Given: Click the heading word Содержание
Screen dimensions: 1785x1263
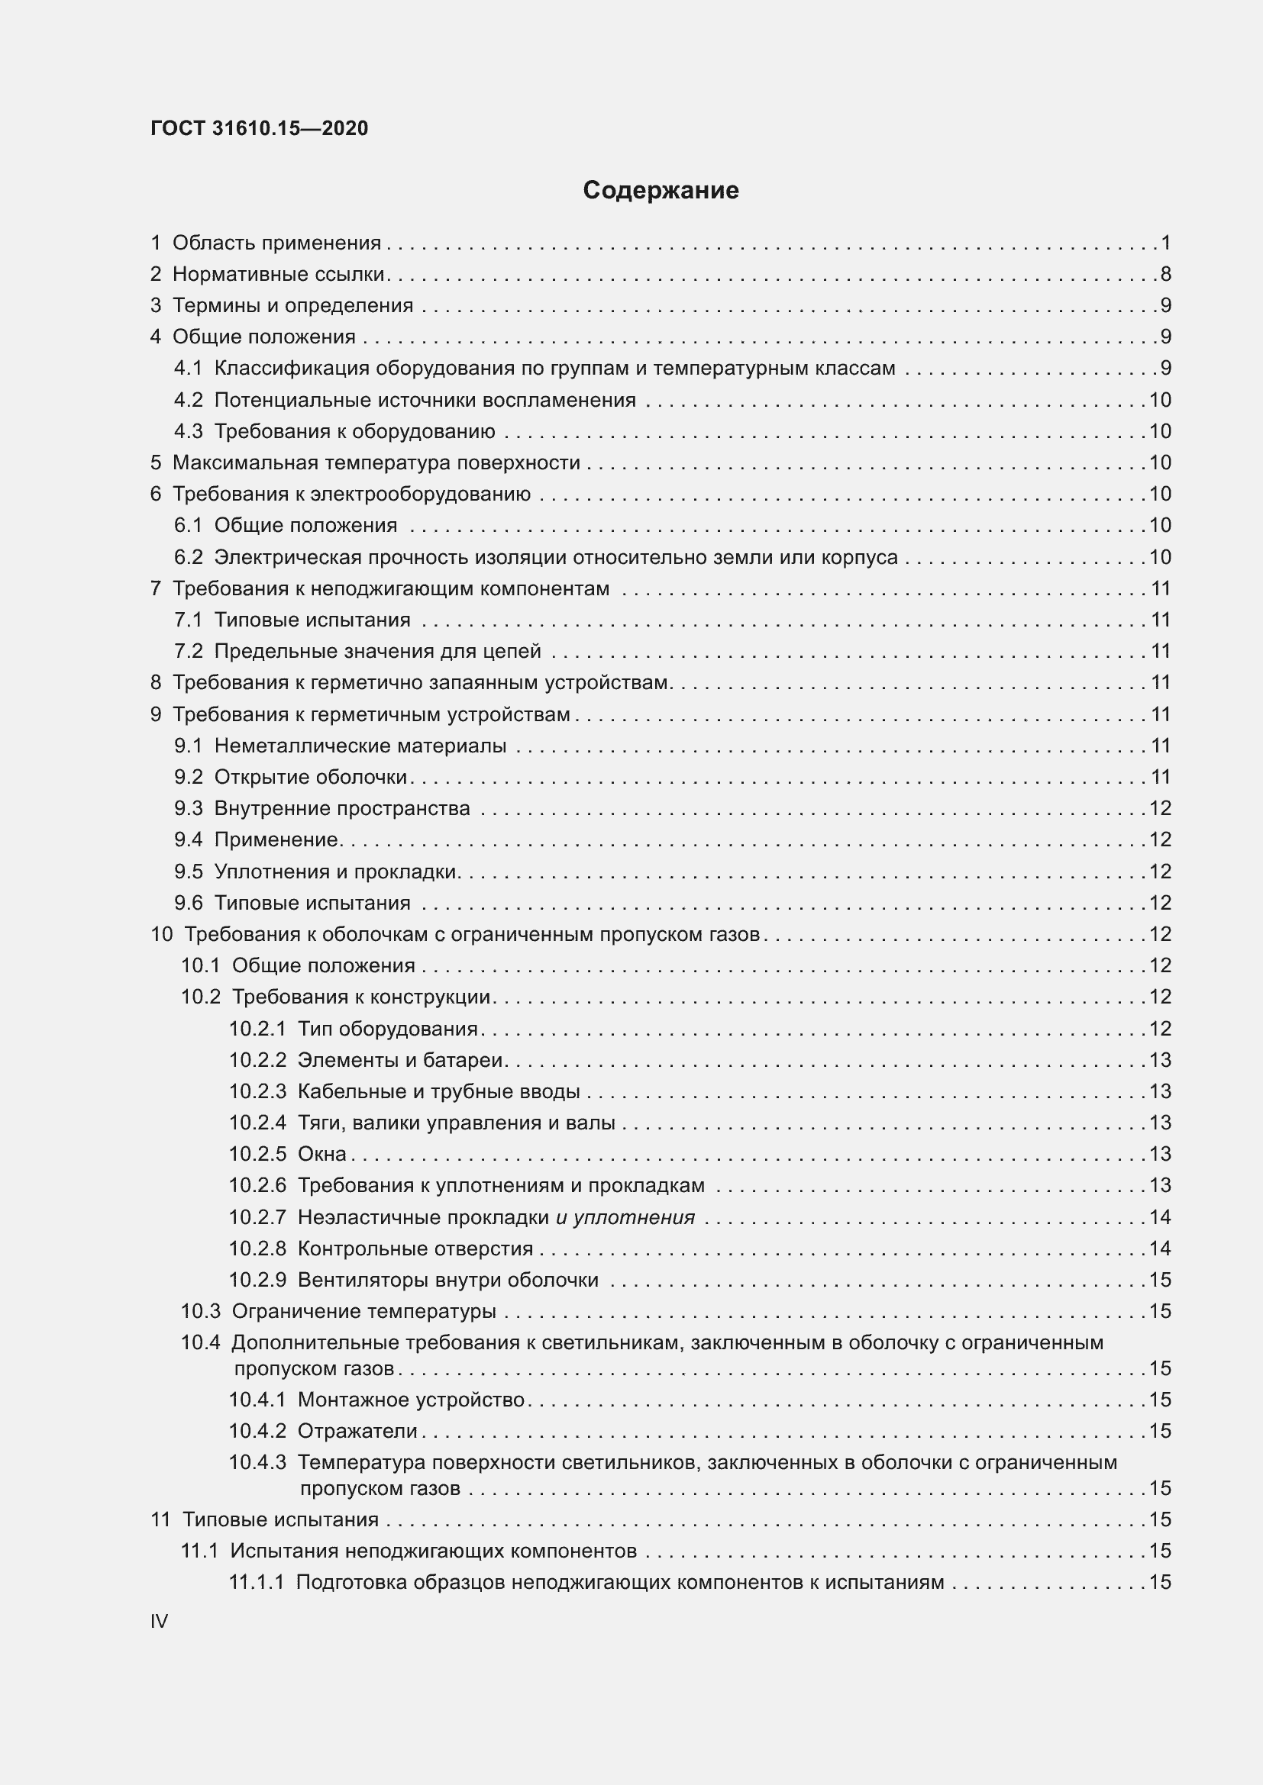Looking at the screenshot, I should tap(661, 191).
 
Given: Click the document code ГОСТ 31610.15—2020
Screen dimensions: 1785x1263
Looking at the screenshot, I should tap(259, 128).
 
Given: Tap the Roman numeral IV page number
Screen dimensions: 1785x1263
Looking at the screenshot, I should tap(159, 1621).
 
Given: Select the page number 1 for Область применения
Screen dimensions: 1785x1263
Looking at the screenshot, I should tap(1166, 243).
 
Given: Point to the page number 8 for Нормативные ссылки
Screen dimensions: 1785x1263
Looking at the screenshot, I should tap(1165, 274).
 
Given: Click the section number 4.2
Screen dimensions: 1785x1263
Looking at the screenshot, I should tap(188, 400).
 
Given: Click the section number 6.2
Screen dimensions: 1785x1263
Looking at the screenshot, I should tap(188, 556).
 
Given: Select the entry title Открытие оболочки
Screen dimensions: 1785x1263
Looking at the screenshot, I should tap(310, 777).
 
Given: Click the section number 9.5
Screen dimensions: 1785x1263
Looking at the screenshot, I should tap(188, 872).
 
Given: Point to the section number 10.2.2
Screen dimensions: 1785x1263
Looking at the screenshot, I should tap(257, 1060).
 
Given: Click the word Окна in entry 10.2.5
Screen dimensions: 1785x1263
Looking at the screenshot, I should tap(322, 1154).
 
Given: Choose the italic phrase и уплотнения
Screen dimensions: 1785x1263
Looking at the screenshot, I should tap(625, 1216).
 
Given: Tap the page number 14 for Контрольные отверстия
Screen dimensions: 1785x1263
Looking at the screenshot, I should tap(1160, 1248).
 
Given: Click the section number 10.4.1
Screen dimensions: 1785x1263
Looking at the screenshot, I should tap(257, 1400).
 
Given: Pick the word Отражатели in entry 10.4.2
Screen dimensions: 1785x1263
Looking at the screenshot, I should tap(357, 1430).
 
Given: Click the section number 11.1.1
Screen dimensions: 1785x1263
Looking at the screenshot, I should tap(257, 1582).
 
